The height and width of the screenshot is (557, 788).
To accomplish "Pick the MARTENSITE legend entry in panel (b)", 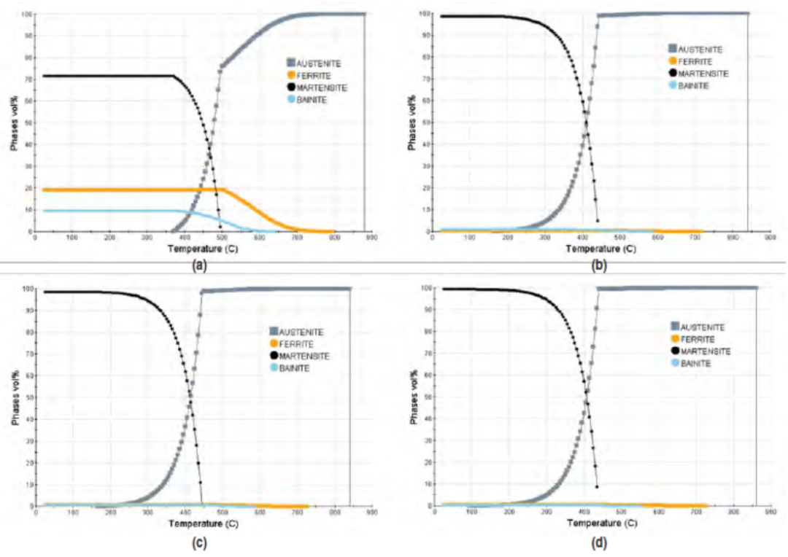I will [700, 74].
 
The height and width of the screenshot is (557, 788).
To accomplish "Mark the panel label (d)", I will [599, 542].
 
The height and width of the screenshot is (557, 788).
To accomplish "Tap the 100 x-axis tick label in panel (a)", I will [72, 238].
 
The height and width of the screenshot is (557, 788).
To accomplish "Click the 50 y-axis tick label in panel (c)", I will [28, 398].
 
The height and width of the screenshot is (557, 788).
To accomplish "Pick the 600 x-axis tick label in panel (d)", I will [660, 513].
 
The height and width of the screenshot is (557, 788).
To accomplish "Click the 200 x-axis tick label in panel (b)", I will [507, 238].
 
